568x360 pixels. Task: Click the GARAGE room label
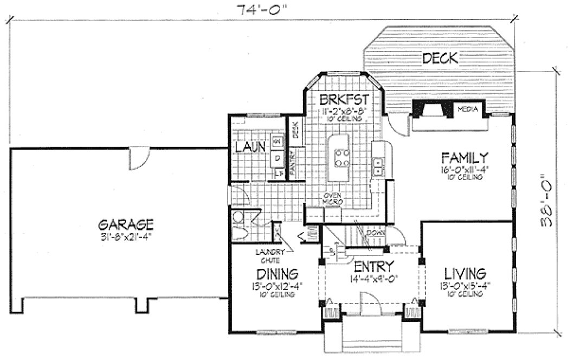point(127,223)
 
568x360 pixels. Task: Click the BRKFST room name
point(344,99)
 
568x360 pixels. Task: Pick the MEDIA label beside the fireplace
point(467,109)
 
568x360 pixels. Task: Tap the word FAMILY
point(466,158)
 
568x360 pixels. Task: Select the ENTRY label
point(373,267)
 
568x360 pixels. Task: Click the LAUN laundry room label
point(250,146)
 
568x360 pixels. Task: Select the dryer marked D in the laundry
point(277,158)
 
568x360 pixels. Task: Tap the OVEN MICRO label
point(331,198)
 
